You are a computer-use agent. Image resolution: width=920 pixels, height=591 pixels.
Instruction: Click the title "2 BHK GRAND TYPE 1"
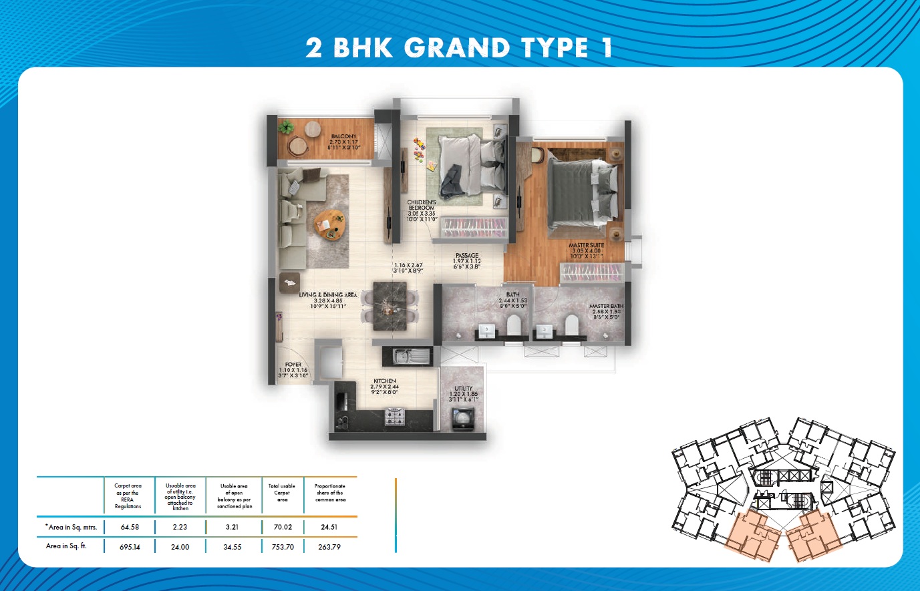click(x=459, y=48)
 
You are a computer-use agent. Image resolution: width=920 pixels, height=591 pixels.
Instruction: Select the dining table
click(x=390, y=306)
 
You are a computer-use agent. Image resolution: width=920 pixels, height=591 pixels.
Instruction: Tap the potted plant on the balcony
click(x=287, y=127)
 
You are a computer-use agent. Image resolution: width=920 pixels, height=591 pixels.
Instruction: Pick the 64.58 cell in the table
click(x=129, y=527)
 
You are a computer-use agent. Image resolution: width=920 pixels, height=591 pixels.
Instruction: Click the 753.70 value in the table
click(x=283, y=546)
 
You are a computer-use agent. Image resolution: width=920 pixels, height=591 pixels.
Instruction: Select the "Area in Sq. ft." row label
click(x=66, y=546)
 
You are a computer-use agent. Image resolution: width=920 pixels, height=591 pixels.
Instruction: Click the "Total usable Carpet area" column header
click(x=282, y=493)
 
